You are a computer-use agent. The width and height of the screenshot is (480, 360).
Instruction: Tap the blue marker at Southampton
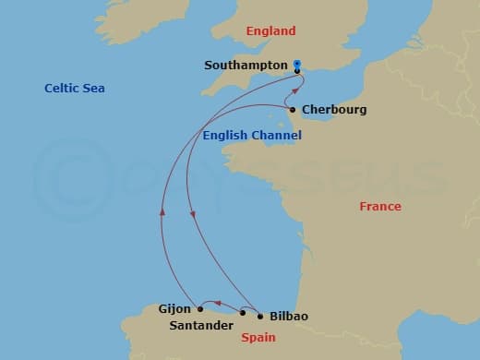click(297, 66)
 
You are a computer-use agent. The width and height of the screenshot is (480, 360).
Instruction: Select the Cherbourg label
click(334, 110)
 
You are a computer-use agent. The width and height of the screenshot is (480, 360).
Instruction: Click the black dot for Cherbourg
click(293, 110)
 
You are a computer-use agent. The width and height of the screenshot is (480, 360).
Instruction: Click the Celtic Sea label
click(75, 88)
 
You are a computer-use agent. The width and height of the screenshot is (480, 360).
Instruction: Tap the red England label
click(271, 30)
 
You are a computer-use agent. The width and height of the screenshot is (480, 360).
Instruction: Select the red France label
click(379, 206)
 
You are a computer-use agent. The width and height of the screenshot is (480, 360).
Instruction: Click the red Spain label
click(258, 339)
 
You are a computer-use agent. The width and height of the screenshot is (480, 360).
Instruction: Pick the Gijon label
click(174, 309)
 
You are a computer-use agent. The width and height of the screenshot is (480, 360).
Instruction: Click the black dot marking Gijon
click(200, 308)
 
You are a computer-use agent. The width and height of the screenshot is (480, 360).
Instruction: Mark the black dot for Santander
click(243, 313)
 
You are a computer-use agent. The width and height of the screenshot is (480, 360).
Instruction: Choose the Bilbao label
click(289, 317)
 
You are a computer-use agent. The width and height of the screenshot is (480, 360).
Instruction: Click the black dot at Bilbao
click(259, 317)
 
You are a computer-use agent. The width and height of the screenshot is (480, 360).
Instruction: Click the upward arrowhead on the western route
click(162, 210)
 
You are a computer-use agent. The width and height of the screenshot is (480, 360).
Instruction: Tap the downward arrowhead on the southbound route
click(192, 216)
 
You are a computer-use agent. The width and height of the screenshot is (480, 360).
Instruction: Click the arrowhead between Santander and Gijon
click(219, 302)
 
